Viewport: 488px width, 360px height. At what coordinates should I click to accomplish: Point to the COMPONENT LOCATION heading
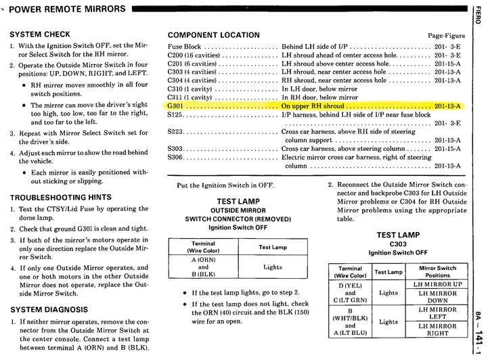pos(213,35)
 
